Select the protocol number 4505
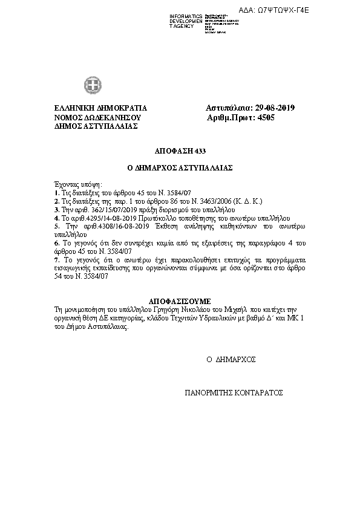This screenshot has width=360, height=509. (266, 117)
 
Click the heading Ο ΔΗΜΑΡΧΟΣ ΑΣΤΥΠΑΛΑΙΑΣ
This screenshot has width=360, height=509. (179, 167)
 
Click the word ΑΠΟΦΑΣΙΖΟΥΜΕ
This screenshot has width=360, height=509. (180, 300)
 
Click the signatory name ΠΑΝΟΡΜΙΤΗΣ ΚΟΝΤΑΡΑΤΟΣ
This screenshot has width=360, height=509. (234, 392)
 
